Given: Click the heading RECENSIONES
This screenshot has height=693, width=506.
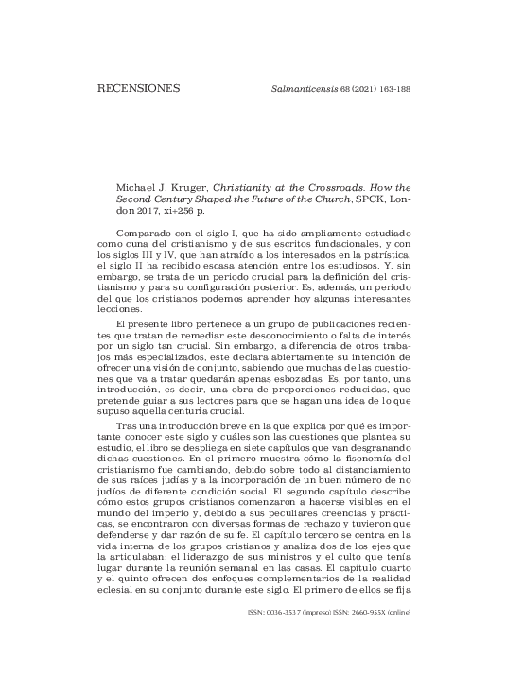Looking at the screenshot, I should [x=138, y=92].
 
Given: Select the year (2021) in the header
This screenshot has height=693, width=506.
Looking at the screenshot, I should [x=347, y=92].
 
